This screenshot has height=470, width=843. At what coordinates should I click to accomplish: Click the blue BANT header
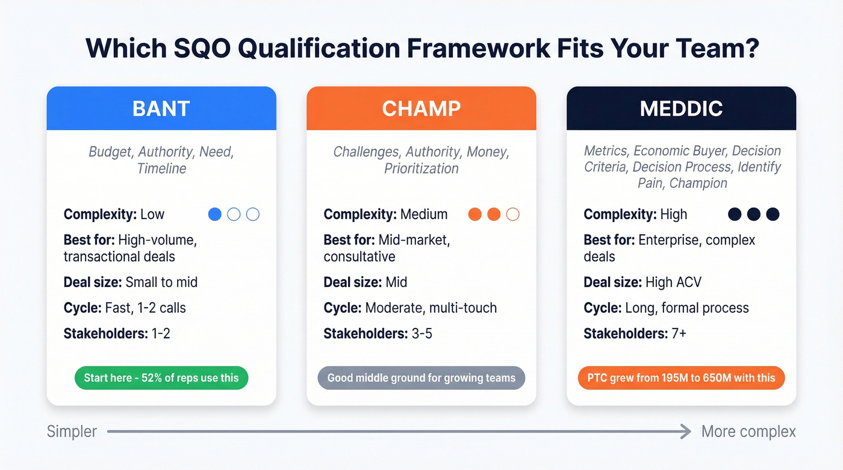[x=161, y=108]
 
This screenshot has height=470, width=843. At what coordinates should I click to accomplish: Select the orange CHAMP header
[x=421, y=108]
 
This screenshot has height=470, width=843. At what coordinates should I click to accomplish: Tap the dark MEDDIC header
[x=681, y=108]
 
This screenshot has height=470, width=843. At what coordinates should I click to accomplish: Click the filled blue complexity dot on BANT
[x=214, y=214]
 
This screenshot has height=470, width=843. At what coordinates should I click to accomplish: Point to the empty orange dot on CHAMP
[x=512, y=214]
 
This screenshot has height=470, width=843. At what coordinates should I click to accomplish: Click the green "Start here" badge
[x=161, y=378]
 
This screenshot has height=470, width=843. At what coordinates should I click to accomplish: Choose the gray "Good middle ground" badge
[x=421, y=378]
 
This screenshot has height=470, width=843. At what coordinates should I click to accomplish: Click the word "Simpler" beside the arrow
[x=72, y=431]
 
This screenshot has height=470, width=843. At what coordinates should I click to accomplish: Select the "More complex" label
[x=748, y=431]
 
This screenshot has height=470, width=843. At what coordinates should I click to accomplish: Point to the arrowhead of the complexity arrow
[x=686, y=431]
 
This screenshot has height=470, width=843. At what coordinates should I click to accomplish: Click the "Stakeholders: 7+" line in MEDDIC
[x=635, y=333]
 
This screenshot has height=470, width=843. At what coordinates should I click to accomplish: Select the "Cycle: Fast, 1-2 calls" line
[x=125, y=308]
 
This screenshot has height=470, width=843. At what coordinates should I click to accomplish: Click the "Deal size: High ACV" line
[x=642, y=282]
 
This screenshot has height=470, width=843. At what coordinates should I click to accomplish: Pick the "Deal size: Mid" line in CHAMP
[x=366, y=282]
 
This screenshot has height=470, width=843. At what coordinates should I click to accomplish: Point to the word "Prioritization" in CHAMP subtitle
[x=421, y=169]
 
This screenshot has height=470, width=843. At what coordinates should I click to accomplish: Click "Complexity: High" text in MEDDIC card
[x=635, y=214]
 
